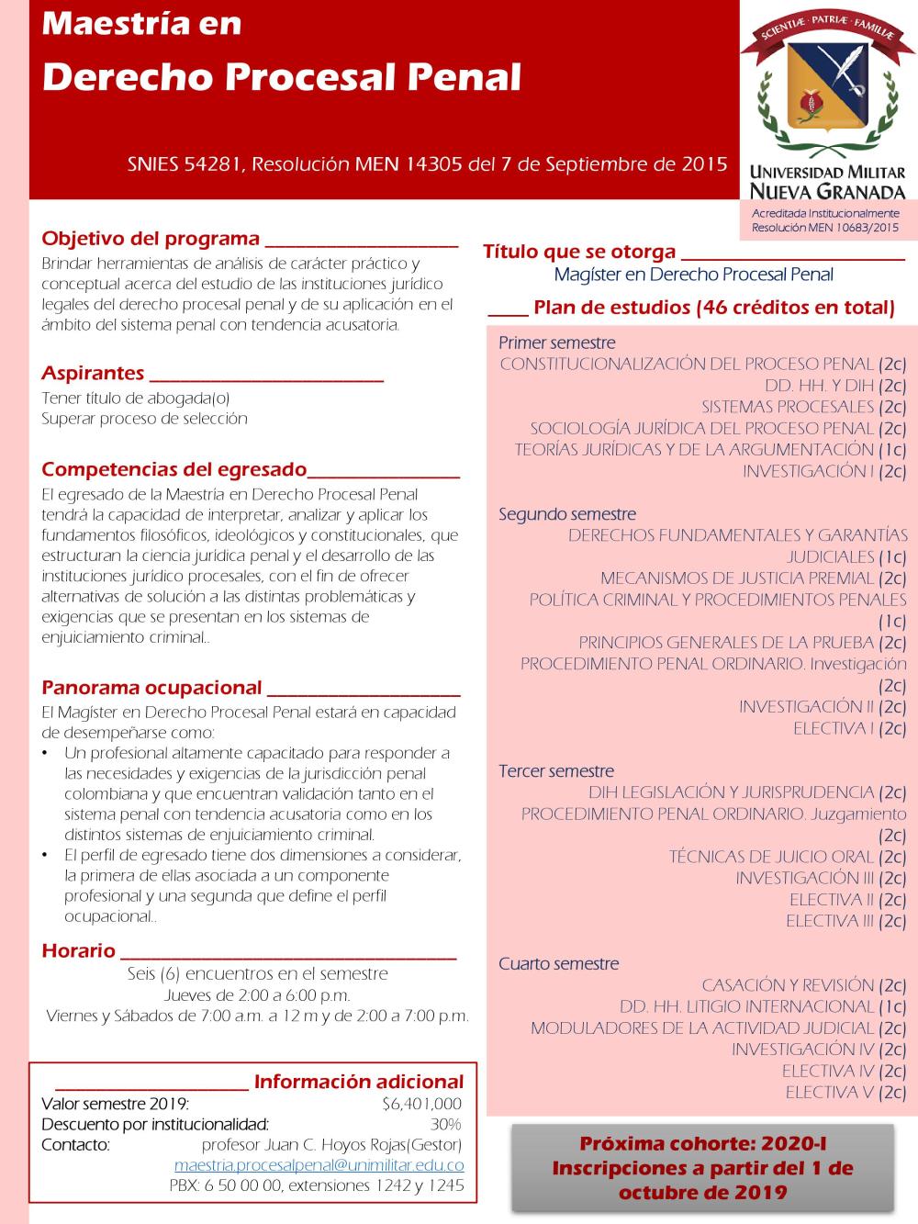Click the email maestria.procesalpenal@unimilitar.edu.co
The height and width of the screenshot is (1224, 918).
point(319,1165)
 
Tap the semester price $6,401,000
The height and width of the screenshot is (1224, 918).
point(421,1104)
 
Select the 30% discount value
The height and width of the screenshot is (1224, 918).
point(445,1124)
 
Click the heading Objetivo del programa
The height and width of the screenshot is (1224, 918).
point(151,239)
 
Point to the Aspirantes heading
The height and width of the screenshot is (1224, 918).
point(93,373)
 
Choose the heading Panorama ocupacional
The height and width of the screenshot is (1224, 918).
point(151,687)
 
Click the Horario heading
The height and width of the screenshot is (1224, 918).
point(78,950)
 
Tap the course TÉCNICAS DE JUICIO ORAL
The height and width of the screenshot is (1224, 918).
point(771,857)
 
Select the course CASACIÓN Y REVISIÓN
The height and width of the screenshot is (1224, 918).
point(788,985)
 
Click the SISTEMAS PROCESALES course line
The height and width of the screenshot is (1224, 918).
point(788,407)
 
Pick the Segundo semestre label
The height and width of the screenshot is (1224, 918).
point(566,514)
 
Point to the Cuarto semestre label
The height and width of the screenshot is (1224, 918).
point(558,963)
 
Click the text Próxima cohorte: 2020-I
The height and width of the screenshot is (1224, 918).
point(702,1144)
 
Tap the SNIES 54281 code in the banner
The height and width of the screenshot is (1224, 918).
point(185,164)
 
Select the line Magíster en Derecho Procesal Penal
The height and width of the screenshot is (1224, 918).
point(693,274)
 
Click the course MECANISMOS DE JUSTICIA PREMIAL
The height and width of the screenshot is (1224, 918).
point(737,578)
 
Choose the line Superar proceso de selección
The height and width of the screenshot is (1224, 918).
point(144,419)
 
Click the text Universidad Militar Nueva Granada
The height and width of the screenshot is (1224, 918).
point(827,182)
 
